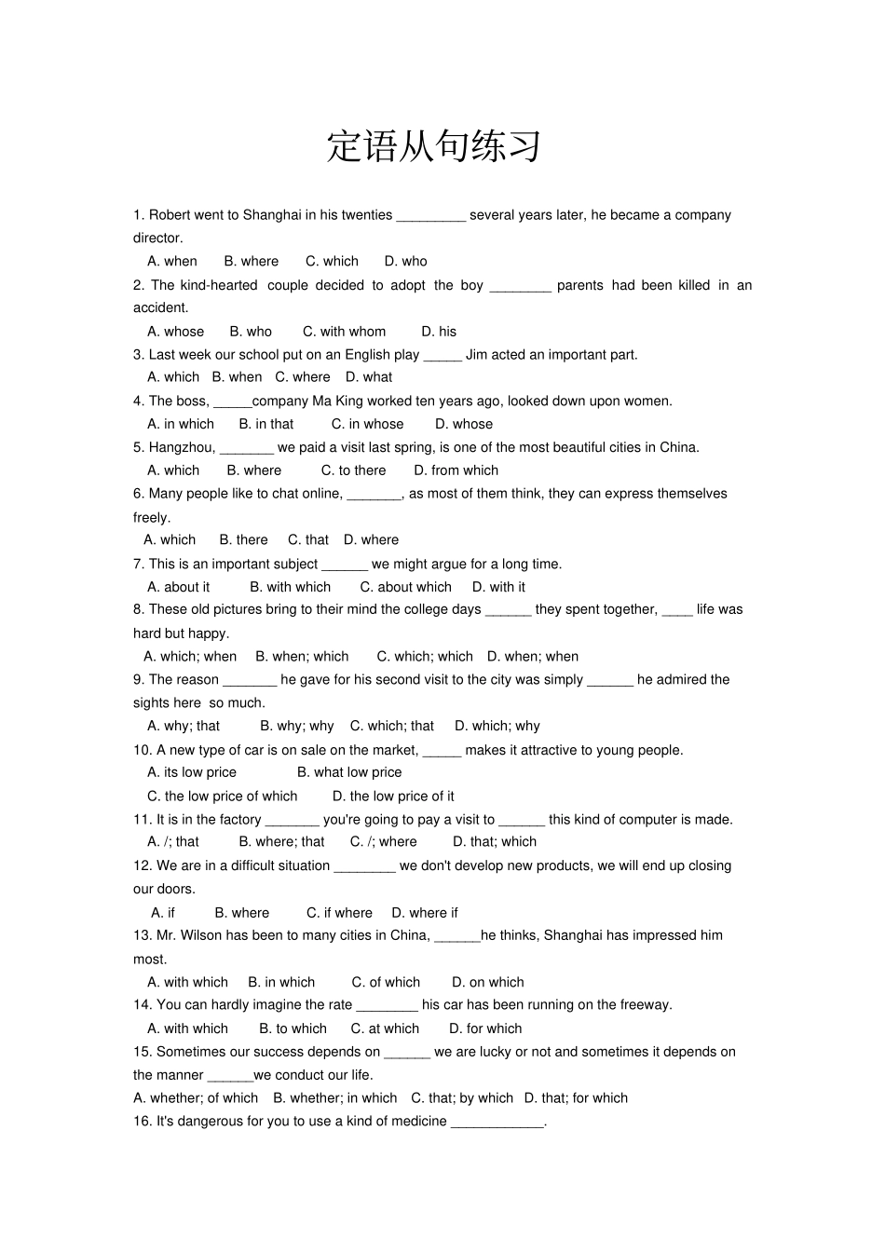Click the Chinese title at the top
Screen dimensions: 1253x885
(434, 146)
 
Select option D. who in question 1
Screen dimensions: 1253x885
(405, 261)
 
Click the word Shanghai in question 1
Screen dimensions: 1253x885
(272, 215)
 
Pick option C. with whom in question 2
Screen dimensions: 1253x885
(344, 331)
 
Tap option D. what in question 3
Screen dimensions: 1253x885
(369, 377)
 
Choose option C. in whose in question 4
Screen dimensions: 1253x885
(367, 424)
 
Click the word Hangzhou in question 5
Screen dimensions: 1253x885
(182, 447)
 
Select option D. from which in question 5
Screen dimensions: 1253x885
(456, 470)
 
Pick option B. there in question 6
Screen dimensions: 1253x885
(243, 539)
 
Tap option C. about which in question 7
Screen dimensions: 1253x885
(405, 587)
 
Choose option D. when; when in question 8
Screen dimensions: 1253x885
(532, 656)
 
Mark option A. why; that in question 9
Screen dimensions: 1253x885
(184, 726)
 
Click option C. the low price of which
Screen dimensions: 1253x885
(222, 796)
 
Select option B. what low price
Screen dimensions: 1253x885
(349, 772)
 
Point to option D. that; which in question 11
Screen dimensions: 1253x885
(495, 841)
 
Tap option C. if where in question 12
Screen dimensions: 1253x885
(339, 912)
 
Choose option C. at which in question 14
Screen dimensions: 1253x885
(385, 1028)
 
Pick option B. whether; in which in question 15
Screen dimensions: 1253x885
(334, 1097)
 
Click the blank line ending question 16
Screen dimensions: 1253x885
(497, 1123)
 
